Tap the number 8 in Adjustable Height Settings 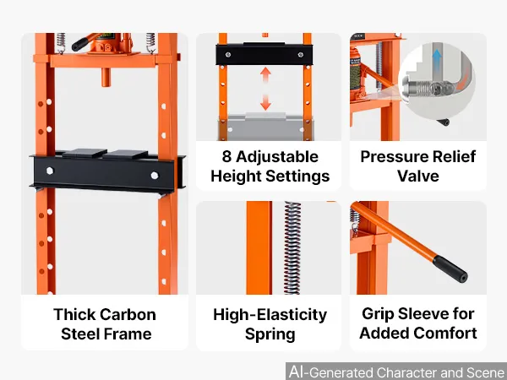pos(226,156)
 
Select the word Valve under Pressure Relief pos(418,176)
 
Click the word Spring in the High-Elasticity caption pos(270,334)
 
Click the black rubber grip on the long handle pos(450,269)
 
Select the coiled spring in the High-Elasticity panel pos(292,247)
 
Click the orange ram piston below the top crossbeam pos(106,77)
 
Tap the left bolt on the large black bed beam pos(50,171)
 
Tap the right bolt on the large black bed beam pos(155,176)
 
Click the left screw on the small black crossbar pos(228,55)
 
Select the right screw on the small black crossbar pos(301,55)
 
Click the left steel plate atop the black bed pos(84,153)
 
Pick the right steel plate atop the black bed pos(126,155)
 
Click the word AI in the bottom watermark pos(296,372)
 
